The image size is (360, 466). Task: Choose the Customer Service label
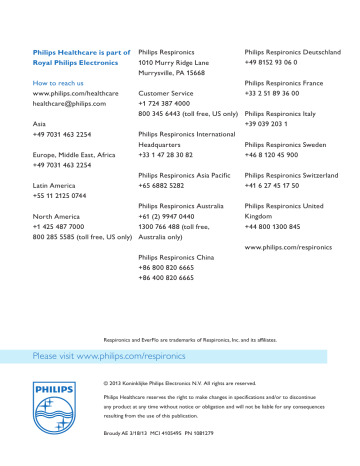point(166,93)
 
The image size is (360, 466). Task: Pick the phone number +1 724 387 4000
point(170,104)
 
